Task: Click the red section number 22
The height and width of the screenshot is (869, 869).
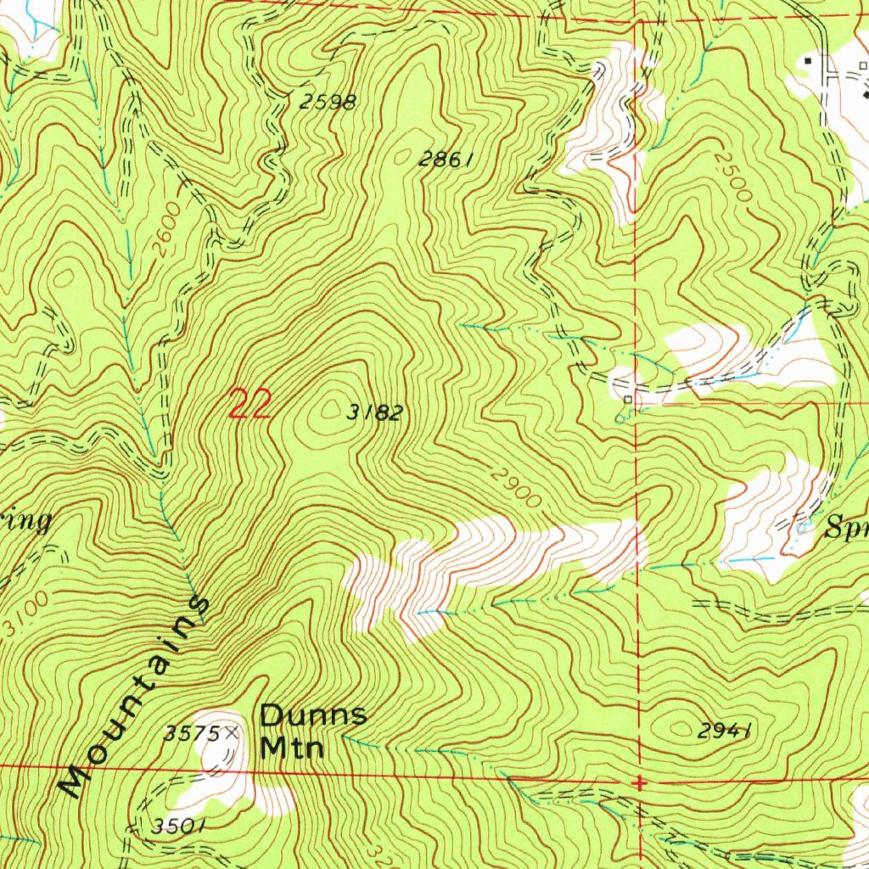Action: coord(250,404)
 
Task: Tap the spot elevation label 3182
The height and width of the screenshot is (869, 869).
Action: coord(374,413)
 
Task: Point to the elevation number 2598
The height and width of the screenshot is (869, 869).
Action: coord(328,103)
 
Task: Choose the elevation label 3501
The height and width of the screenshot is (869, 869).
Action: coord(178,826)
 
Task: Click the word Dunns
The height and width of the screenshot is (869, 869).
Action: coord(313,715)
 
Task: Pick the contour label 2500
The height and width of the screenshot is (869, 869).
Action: coord(732,176)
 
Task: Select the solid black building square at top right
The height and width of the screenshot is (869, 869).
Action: coord(808,60)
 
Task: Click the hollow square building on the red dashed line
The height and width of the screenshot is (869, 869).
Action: coord(628,399)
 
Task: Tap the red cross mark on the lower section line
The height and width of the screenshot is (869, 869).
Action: coord(639,782)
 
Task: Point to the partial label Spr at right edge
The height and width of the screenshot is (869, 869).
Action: coord(847,532)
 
